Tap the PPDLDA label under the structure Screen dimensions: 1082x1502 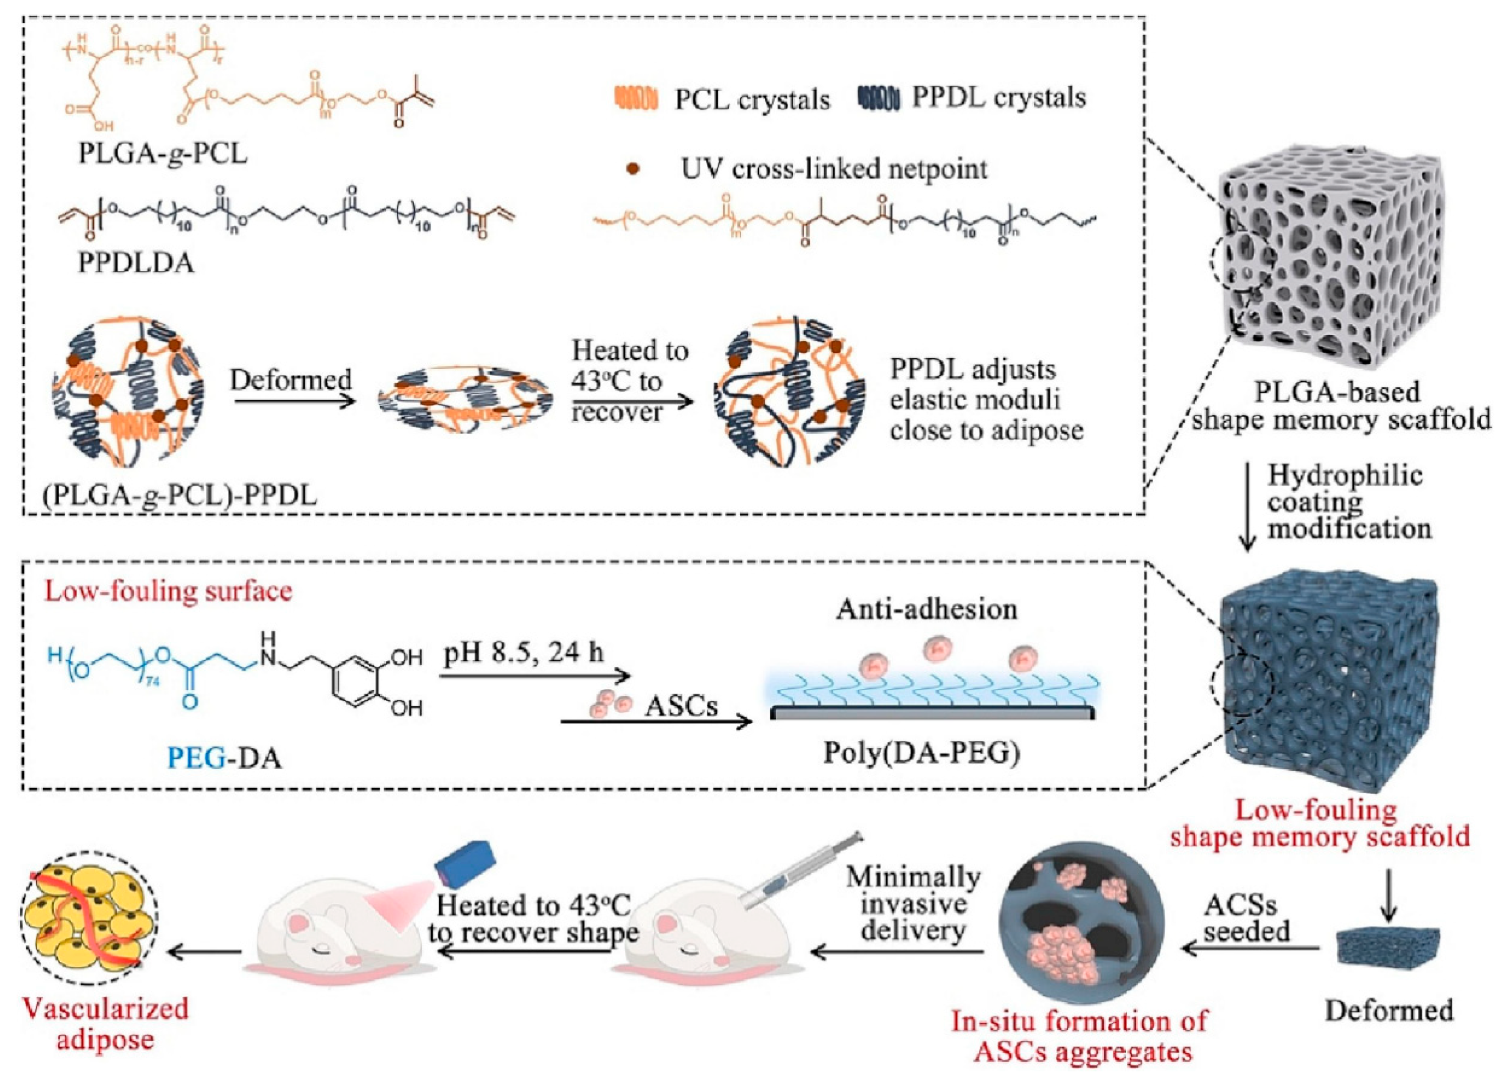pyautogui.click(x=136, y=263)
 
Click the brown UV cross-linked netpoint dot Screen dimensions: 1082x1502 pyautogui.click(x=634, y=169)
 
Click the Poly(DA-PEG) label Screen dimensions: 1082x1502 pyautogui.click(x=921, y=753)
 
